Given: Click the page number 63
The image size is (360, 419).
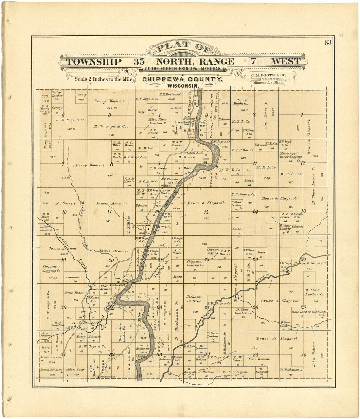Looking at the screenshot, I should coord(328,42).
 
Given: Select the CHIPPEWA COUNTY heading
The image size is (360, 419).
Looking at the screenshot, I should coord(182,79).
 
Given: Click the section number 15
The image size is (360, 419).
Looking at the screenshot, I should coord(206,212).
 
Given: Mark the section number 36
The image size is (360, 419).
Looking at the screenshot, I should coord(303,355).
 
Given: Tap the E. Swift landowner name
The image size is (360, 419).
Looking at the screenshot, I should coord(62,203).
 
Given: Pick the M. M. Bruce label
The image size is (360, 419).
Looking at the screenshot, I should coord(291,174).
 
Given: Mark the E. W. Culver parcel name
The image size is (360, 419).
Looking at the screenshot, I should coord(238,358).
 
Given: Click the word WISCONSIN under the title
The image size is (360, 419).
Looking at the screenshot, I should coord(182,86).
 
